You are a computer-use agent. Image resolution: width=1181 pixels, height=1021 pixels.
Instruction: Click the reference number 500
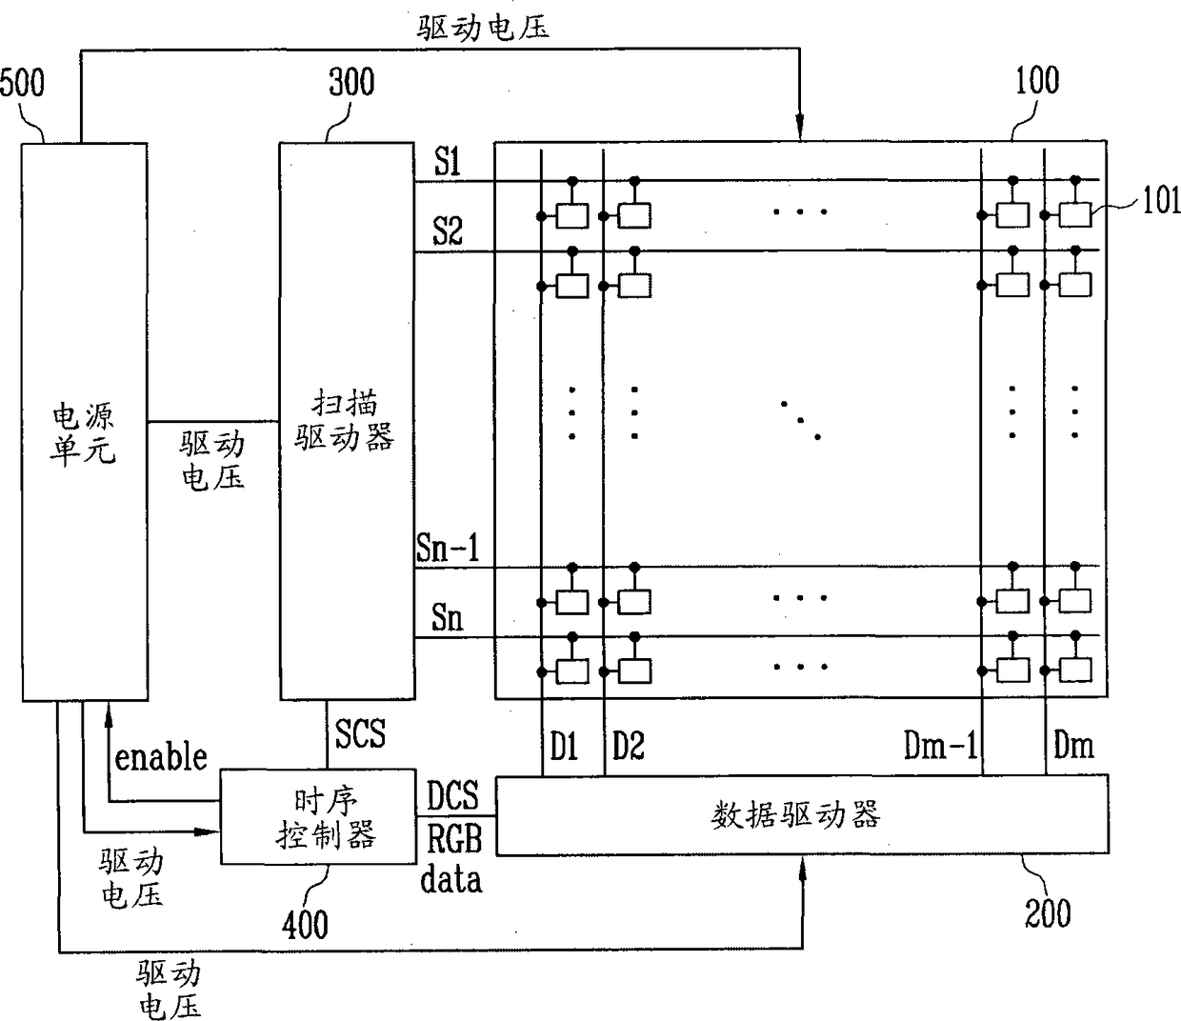(x=22, y=84)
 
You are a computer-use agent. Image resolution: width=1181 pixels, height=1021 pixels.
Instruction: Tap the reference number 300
(x=351, y=82)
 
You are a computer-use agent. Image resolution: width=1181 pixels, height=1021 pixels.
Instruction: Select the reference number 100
(x=1037, y=81)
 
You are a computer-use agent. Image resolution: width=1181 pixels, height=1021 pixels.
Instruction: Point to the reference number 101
(x=1161, y=201)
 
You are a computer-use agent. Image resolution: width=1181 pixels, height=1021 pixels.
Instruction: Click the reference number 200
(x=1048, y=913)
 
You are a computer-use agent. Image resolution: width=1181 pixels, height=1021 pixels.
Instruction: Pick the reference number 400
(x=305, y=926)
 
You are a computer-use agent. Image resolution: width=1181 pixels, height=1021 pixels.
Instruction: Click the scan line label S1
(x=447, y=161)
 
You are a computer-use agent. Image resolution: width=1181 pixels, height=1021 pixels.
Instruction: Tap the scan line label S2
(x=447, y=231)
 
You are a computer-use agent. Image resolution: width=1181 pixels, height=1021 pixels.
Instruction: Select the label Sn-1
(x=448, y=548)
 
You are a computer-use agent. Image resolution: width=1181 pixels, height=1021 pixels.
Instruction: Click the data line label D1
(x=564, y=746)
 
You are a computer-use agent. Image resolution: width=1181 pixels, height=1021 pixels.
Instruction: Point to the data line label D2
(x=628, y=746)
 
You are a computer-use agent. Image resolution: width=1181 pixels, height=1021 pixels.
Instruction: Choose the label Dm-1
(x=940, y=746)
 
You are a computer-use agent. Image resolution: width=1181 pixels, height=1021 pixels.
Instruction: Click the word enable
(x=161, y=758)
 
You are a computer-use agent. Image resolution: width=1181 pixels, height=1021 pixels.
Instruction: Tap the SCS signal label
(x=360, y=733)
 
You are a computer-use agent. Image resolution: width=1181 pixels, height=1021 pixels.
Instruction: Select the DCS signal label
(x=452, y=795)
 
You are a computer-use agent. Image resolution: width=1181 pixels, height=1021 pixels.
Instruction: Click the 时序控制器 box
(x=318, y=816)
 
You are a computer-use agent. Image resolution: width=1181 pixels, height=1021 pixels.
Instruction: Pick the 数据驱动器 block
(x=802, y=814)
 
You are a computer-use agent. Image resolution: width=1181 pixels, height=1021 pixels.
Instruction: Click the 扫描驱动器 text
(x=345, y=421)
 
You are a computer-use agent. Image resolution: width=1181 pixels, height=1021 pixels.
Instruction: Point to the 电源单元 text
(x=84, y=434)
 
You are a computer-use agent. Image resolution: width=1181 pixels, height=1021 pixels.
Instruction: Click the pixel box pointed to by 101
(x=1075, y=215)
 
